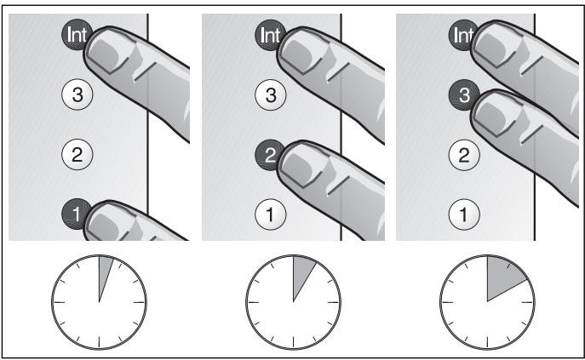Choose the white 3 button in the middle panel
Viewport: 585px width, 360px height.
point(272,95)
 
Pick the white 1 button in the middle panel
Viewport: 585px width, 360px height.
point(272,214)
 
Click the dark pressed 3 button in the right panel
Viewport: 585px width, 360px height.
point(462,94)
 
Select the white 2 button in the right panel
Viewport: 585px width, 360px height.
point(465,154)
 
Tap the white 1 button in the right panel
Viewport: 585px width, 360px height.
point(465,214)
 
